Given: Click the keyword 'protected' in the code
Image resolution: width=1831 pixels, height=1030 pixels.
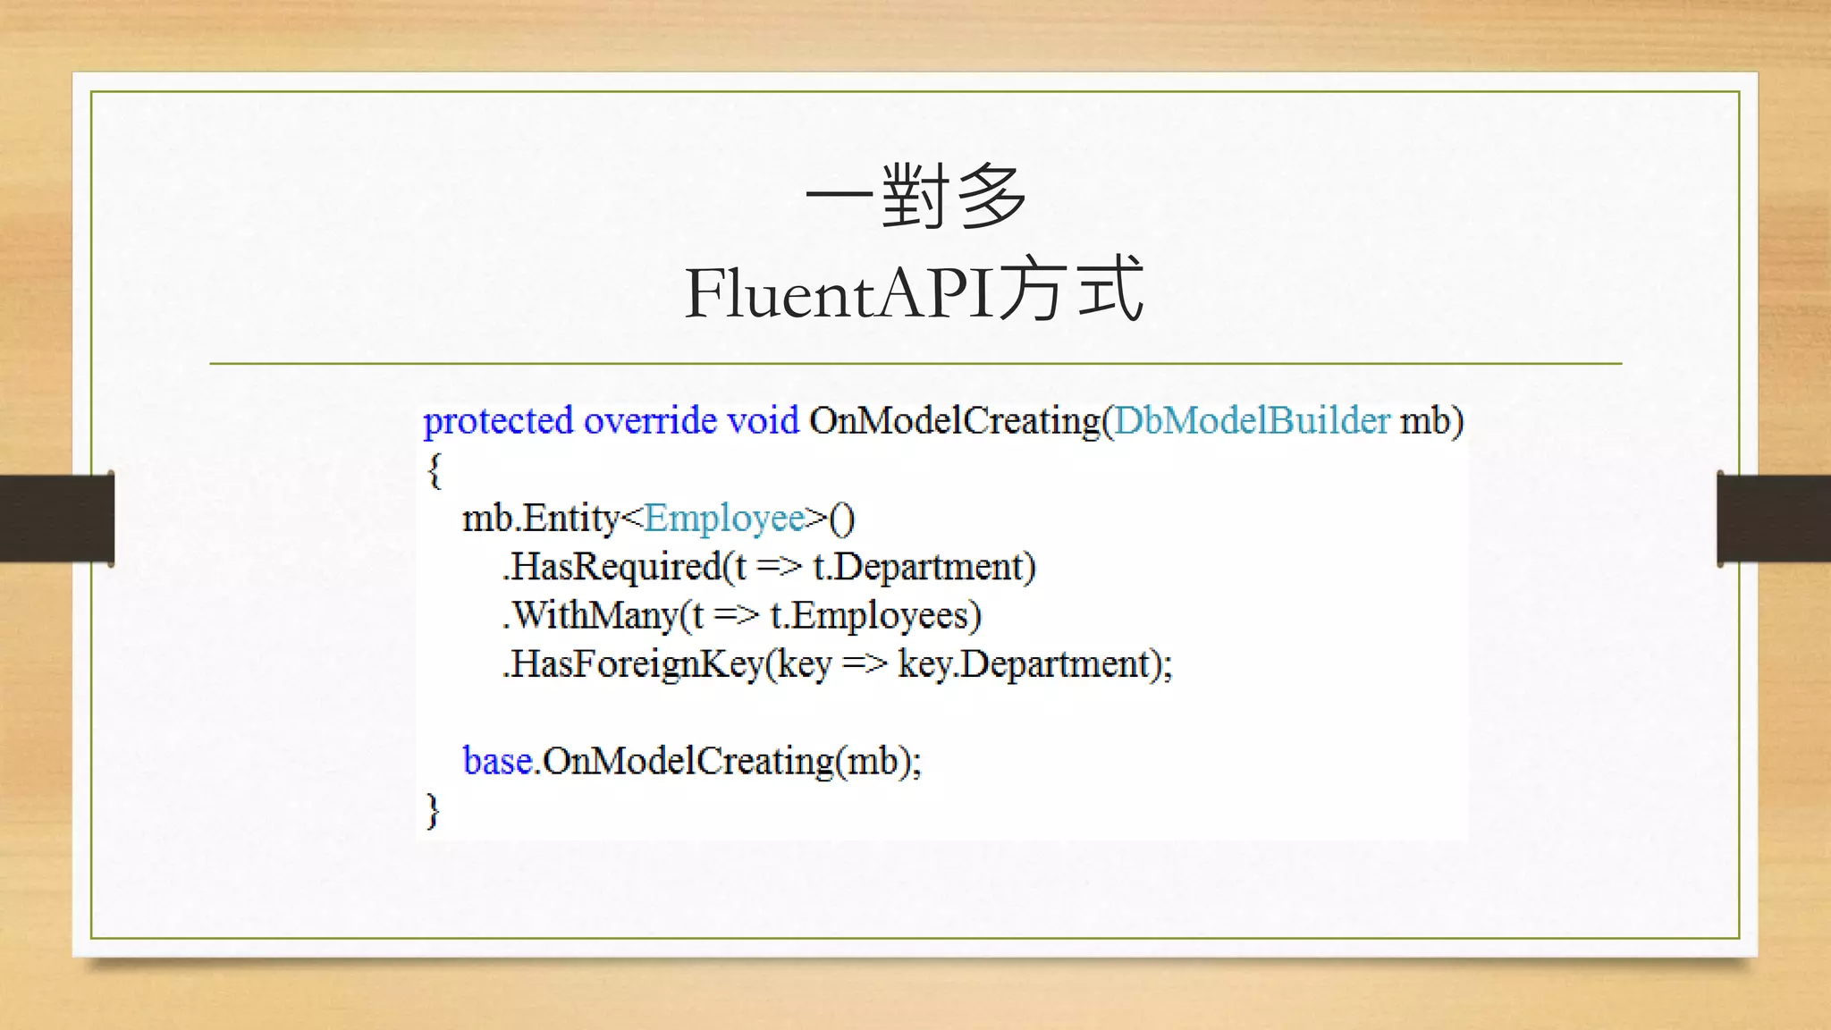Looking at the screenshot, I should pos(497,421).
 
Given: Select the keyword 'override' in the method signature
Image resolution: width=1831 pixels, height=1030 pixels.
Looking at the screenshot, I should pos(650,421).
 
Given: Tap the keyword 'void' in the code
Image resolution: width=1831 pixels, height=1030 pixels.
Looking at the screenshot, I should pos(763,421).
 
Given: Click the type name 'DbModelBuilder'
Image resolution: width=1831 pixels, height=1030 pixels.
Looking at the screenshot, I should pos(1252,421).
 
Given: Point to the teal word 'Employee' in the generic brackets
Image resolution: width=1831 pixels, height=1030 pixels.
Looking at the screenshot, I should pos(724,519).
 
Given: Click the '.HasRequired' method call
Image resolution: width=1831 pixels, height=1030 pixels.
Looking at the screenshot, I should pos(612,568).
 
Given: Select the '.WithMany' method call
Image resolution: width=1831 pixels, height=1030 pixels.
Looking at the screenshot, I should pos(590,616).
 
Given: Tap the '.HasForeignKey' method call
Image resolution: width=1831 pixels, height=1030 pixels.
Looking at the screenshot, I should pos(633,664).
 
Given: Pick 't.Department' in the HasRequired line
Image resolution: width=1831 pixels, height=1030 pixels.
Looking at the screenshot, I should pos(924,568).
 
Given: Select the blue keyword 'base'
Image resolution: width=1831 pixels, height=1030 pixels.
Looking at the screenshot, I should pos(497,762).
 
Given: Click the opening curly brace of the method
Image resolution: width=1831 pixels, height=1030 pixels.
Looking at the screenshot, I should pos(434,470).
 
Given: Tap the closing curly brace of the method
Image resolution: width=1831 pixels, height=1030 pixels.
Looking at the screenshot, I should pos(434,810).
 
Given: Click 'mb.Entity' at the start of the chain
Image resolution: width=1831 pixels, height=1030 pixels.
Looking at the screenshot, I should pos(540,519).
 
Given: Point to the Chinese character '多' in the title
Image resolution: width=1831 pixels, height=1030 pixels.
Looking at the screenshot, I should pos(991,197).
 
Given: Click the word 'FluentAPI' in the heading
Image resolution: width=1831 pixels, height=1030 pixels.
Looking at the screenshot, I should pos(839,293).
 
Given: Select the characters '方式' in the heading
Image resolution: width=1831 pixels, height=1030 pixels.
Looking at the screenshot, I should pos(1071,290).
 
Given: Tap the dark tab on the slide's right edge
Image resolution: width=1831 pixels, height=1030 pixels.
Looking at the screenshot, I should pos(1774,519).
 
